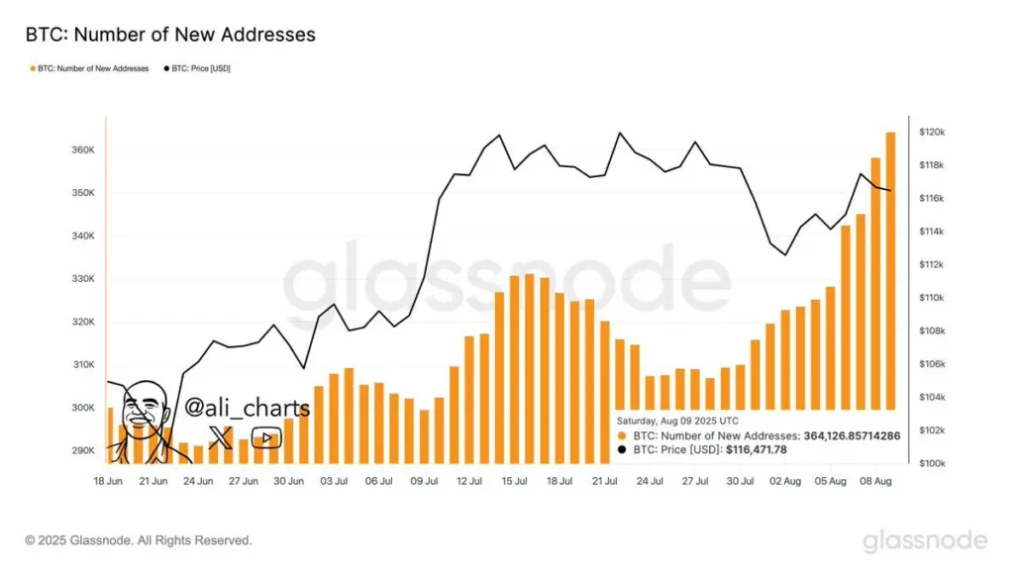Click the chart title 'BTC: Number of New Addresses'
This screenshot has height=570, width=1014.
tap(170, 35)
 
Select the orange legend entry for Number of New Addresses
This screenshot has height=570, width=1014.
tap(91, 68)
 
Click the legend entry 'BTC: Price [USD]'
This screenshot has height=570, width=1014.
tap(198, 68)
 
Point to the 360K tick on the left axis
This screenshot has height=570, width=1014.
tap(82, 150)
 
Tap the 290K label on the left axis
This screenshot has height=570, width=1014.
tap(82, 451)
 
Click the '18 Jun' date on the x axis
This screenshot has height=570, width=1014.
tap(109, 481)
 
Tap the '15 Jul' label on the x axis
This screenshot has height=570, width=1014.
tap(514, 481)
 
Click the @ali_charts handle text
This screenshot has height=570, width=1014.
tap(248, 408)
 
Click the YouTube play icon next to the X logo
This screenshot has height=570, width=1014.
tap(265, 437)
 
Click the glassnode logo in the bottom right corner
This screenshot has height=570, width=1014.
tap(924, 540)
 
